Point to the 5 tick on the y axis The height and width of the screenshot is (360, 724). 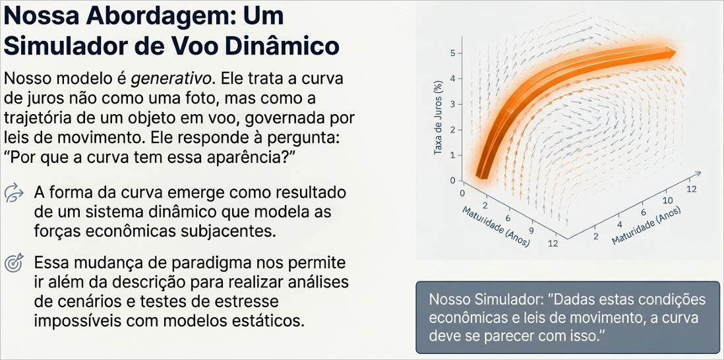[x=452, y=53]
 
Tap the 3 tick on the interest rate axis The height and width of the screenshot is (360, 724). [x=452, y=104]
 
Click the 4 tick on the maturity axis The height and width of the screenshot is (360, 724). [x=619, y=224]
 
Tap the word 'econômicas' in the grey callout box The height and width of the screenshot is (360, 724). [x=465, y=317]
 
